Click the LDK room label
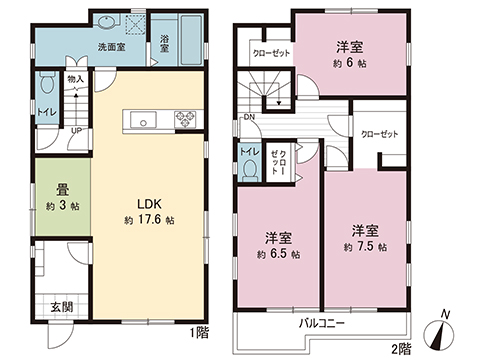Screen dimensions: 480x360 tap(149, 204)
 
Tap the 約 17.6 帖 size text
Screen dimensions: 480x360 tap(149, 220)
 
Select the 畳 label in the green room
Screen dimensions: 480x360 tap(63, 190)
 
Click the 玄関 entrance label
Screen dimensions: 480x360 tap(62, 307)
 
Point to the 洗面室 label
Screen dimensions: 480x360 tap(111, 47)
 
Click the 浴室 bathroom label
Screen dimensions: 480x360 tap(164, 43)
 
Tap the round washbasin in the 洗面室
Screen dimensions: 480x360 tap(108, 22)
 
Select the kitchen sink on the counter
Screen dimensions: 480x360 tap(143, 120)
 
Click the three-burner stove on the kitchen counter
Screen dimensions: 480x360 tap(184, 119)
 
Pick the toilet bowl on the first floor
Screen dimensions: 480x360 tap(47, 83)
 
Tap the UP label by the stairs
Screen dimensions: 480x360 tap(76, 131)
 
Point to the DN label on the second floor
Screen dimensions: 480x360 tap(249, 117)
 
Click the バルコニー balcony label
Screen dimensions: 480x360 tap(321, 323)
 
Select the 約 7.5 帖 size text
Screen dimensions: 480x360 tap(365, 247)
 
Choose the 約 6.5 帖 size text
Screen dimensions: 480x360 tap(278, 255)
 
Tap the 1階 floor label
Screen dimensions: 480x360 tap(200, 332)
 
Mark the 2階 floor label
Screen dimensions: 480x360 tap(401, 349)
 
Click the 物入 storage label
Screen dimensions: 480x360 tap(75, 79)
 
